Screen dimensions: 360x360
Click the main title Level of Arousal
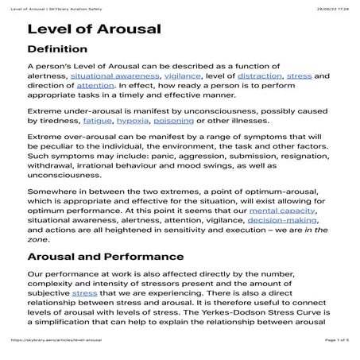pyautogui.click(x=94, y=30)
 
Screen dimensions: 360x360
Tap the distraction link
pyautogui.click(x=257, y=75)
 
